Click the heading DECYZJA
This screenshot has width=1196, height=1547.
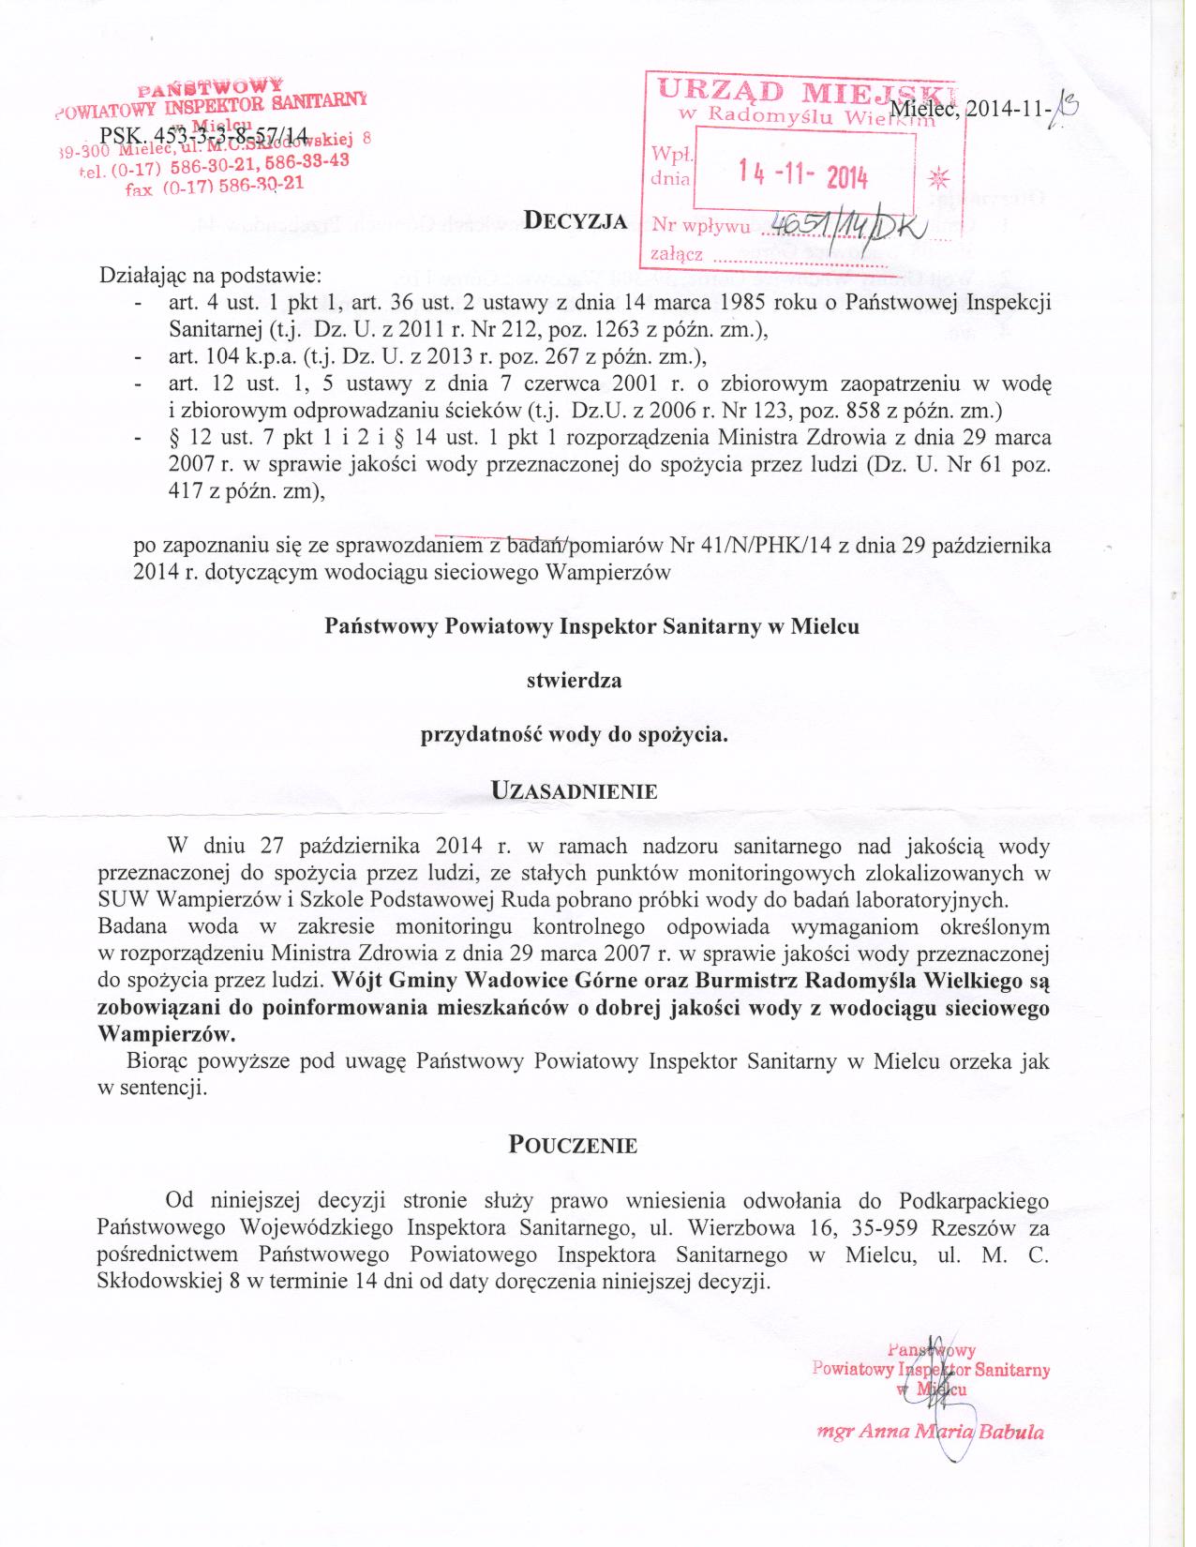(x=575, y=221)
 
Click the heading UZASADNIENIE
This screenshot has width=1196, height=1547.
(x=574, y=789)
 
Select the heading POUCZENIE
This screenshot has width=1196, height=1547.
(x=573, y=1145)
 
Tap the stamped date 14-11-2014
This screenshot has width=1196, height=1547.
(x=802, y=174)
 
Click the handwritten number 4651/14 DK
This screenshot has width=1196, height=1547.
(x=841, y=224)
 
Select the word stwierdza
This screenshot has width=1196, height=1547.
(x=574, y=681)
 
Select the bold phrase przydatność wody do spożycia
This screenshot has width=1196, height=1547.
(x=574, y=735)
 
